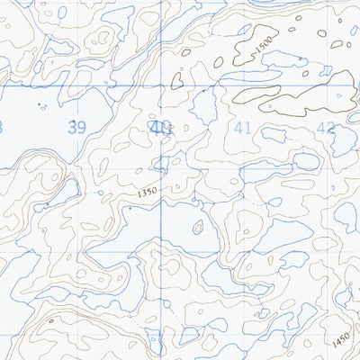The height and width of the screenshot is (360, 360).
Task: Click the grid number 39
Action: (x=77, y=128)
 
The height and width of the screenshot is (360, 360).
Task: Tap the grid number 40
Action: (x=161, y=128)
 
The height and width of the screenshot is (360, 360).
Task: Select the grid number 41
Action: (x=242, y=128)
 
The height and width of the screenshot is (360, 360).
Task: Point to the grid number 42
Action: (x=325, y=128)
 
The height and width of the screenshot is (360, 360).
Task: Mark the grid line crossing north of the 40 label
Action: (x=161, y=86)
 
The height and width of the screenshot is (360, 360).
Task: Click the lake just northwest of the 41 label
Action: (x=203, y=108)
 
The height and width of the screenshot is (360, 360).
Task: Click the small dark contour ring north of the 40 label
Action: (x=177, y=79)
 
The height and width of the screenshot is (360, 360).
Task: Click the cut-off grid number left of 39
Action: (x=2, y=128)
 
